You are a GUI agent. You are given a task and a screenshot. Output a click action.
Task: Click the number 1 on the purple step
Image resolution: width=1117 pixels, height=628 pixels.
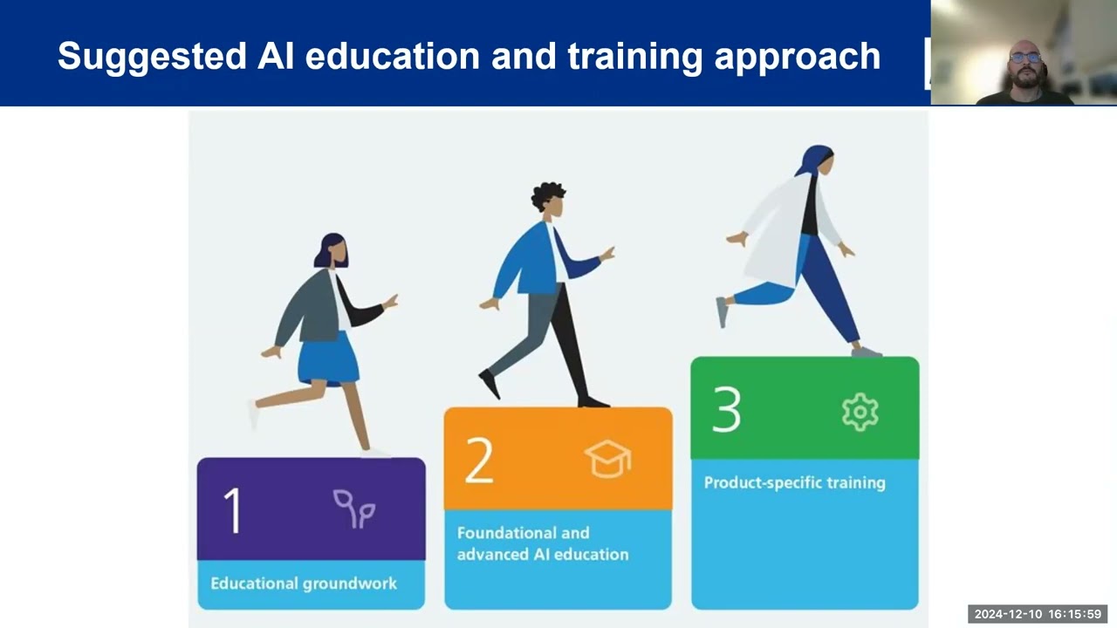[232, 510]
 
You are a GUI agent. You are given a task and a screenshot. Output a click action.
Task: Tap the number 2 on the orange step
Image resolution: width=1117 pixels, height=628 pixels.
[479, 460]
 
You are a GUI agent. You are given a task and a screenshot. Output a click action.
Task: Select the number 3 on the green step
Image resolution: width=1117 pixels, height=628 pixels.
[726, 409]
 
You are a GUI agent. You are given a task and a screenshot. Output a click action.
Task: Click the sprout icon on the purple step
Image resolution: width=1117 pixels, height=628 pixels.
[353, 509]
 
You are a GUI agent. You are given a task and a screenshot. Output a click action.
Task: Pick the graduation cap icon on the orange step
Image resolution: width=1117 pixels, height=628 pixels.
[607, 459]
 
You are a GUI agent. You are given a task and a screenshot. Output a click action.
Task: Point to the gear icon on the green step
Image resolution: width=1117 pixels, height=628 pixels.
[860, 412]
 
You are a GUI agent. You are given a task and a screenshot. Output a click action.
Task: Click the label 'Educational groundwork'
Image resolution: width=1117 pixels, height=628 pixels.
[304, 584]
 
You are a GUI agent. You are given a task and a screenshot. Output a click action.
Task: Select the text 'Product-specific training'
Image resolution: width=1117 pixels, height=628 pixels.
[794, 482]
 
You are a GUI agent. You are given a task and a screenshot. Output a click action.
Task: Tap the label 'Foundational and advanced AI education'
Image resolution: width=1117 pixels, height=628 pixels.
[542, 543]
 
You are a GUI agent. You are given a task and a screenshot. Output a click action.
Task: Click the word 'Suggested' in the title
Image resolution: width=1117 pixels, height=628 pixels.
[151, 56]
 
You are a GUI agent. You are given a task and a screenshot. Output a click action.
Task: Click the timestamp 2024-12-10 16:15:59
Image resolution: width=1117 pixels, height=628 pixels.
[1038, 614]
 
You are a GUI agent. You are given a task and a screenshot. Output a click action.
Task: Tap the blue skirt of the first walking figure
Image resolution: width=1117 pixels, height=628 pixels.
[327, 358]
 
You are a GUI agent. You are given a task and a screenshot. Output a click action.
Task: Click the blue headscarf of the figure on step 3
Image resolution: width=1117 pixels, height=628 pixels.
[812, 160]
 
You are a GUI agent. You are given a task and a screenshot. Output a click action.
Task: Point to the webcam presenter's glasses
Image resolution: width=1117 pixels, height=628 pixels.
[1025, 58]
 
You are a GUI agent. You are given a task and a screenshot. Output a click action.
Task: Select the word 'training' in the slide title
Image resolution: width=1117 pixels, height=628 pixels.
[635, 56]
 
